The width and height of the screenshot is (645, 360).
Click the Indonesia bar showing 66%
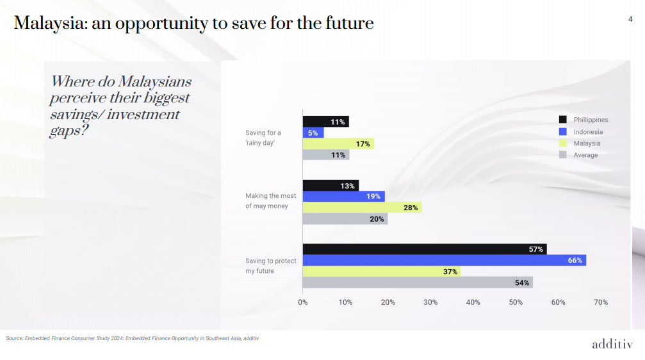click(444, 260)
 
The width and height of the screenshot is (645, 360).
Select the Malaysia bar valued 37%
click(381, 272)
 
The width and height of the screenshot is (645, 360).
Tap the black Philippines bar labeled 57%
click(424, 249)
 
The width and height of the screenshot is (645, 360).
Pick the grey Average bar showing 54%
click(417, 282)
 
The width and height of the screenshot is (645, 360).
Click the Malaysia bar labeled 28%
click(362, 208)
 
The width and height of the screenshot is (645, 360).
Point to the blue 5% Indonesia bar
click(313, 133)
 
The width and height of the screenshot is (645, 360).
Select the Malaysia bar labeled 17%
click(338, 144)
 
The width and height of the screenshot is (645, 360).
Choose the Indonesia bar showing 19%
click(343, 197)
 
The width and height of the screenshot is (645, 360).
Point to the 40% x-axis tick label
click(473, 302)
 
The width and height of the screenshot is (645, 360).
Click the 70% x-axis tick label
click(601, 302)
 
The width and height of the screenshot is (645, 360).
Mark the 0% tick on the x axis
click(303, 302)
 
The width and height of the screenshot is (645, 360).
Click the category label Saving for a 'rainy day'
click(263, 138)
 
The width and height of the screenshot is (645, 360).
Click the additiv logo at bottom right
click(612, 345)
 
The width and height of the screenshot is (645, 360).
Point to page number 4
click(630, 20)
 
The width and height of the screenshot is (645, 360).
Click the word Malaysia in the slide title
click(50, 24)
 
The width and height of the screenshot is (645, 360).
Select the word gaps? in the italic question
click(69, 130)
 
